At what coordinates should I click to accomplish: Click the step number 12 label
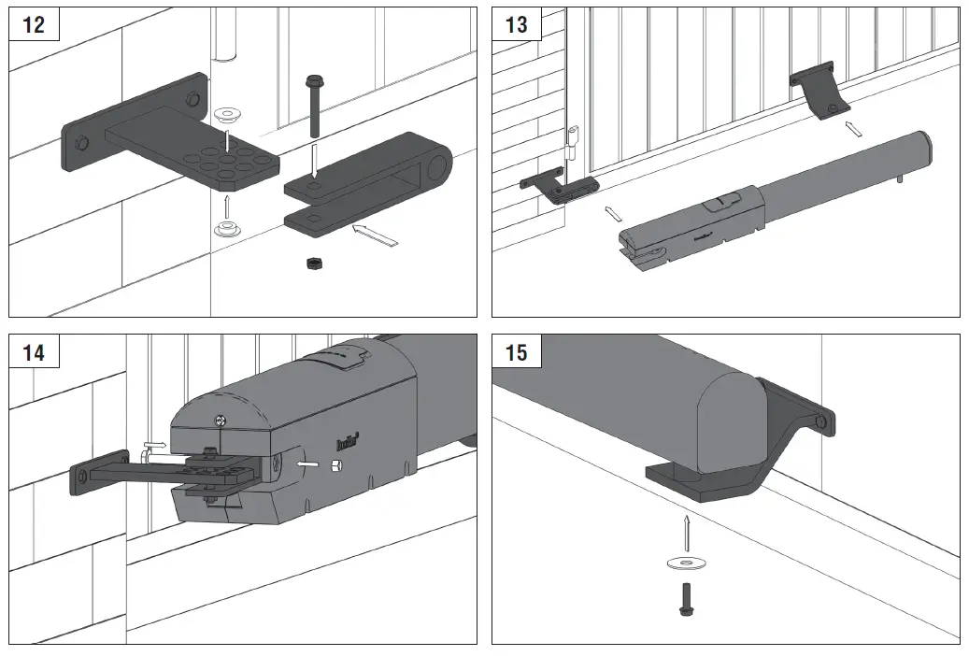[34, 24]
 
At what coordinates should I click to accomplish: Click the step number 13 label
[517, 24]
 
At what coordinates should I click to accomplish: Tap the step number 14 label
[34, 352]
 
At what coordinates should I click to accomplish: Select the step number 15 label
[517, 352]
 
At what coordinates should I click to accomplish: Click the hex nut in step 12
[314, 264]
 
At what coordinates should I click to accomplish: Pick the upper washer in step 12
[225, 115]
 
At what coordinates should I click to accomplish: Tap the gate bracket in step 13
[819, 94]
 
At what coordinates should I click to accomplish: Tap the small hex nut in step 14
[335, 463]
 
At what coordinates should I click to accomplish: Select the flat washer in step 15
[686, 563]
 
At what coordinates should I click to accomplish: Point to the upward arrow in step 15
[686, 533]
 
